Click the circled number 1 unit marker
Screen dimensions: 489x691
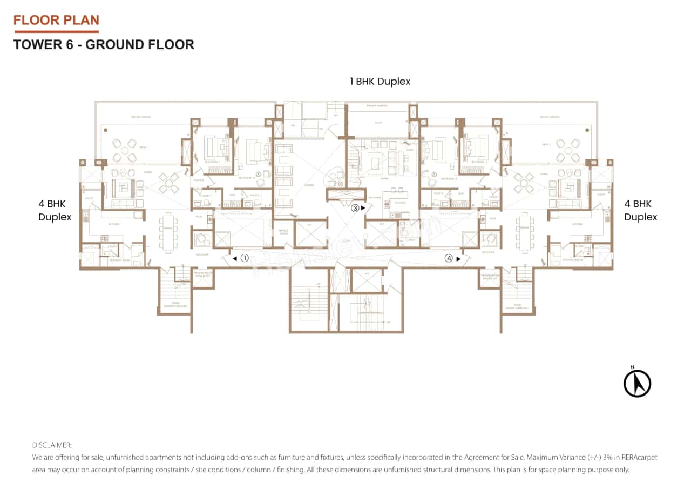pos(244,258)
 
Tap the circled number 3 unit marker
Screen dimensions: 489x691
pos(355,207)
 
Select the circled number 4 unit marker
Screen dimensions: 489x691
pos(449,258)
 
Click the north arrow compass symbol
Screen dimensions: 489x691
pos(637,383)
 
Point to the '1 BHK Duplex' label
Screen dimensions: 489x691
pos(380,82)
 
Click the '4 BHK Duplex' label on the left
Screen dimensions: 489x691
pos(55,211)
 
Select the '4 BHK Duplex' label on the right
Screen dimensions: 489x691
pos(640,211)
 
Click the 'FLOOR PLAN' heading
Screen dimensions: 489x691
pos(56,21)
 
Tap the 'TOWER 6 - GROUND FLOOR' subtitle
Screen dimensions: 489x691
pos(104,44)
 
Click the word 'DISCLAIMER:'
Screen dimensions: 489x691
pos(52,445)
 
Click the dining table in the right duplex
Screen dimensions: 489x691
pos(524,231)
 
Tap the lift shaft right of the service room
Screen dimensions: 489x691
pos(310,233)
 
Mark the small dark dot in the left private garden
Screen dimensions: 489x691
pos(106,130)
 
